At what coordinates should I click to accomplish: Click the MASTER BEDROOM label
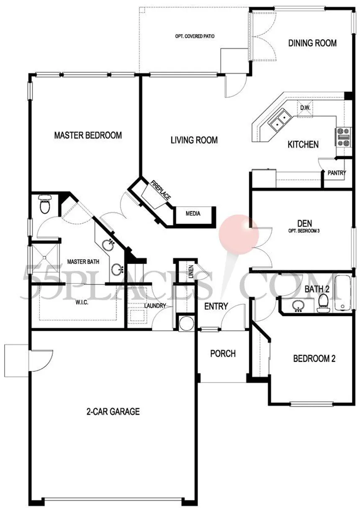tap(88, 135)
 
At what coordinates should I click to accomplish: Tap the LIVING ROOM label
tap(194, 140)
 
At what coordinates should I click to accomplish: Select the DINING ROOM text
tap(312, 43)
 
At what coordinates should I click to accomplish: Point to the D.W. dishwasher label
tap(305, 108)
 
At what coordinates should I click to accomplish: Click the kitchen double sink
tap(280, 120)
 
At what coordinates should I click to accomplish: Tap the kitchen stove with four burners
tap(343, 137)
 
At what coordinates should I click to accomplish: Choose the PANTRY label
tap(337, 173)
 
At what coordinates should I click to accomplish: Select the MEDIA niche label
tap(193, 214)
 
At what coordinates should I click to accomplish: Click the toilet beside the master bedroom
tap(44, 204)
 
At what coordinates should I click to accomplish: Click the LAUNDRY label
tap(155, 306)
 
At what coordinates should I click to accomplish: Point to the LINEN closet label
tap(191, 272)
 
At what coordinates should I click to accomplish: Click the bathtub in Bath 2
tap(343, 293)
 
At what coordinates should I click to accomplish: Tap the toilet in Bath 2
tap(323, 303)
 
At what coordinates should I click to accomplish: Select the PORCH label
tap(223, 353)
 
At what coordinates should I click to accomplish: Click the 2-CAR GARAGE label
tap(113, 411)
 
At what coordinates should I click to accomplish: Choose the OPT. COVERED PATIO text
tap(195, 36)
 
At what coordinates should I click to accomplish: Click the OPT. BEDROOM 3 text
tap(304, 231)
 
